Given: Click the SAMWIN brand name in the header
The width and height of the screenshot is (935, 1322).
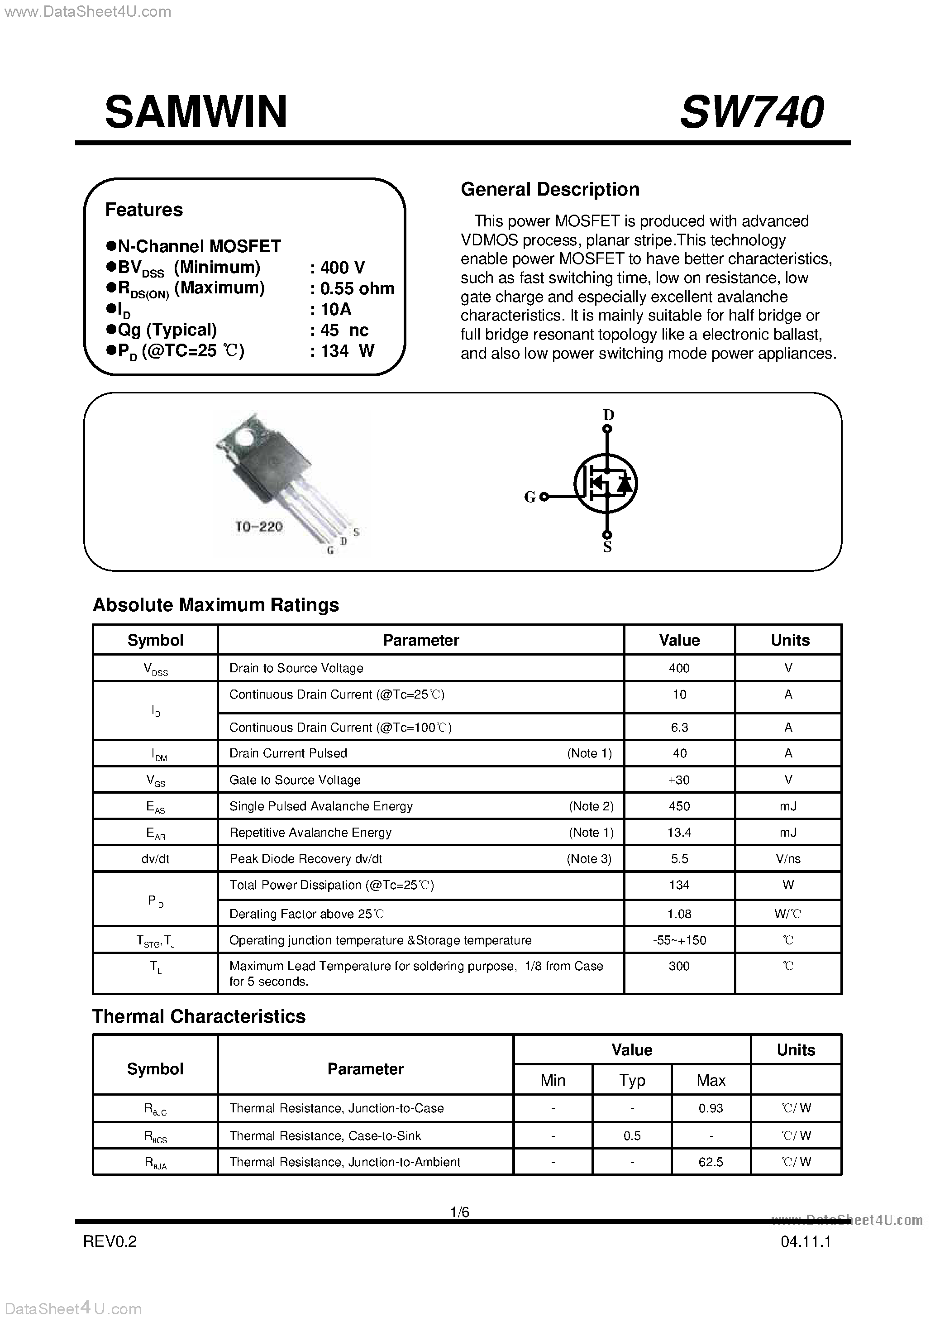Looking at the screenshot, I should click(x=196, y=112).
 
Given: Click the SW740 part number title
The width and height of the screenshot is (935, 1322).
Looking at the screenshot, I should click(x=751, y=112).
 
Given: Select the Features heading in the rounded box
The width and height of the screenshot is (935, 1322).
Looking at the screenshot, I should click(x=144, y=210).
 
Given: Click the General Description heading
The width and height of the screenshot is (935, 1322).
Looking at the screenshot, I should click(x=550, y=189).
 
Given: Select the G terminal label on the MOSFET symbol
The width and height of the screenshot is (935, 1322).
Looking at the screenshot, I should click(x=530, y=497).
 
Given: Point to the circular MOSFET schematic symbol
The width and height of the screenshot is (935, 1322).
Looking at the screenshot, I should click(x=606, y=483).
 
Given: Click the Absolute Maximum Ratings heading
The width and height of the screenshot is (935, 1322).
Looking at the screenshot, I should click(x=216, y=605).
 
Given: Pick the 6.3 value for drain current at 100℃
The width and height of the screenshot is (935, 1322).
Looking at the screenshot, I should click(x=679, y=727).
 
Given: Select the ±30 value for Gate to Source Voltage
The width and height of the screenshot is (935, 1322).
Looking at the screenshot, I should click(x=679, y=780).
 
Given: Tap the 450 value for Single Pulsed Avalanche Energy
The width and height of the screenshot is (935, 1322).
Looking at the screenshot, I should click(x=679, y=806).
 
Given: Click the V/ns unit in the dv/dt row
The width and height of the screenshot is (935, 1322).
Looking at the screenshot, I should click(x=788, y=858).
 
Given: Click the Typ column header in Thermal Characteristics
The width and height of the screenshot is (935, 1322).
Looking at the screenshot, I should click(x=632, y=1080).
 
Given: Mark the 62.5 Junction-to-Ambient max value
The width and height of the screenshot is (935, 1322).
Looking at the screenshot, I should click(x=711, y=1162).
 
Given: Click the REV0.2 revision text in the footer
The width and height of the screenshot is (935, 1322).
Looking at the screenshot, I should click(x=110, y=1242).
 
